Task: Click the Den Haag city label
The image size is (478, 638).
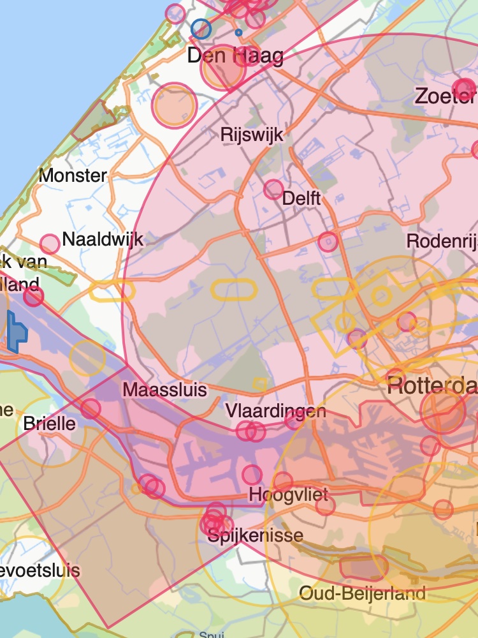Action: coord(235,56)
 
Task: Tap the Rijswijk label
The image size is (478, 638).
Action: coord(252,135)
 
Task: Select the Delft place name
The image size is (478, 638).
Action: coord(301,198)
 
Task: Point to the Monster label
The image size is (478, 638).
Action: coord(73,175)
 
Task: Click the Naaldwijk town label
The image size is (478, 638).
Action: coord(103,241)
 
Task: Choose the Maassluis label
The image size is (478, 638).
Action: coord(165,389)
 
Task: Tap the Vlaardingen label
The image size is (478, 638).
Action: coord(276,411)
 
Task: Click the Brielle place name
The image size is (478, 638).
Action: coord(49,424)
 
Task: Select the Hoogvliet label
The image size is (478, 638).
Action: coord(288,494)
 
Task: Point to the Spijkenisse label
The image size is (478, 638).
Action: coord(256,535)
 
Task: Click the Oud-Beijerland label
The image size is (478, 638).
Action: coord(362,593)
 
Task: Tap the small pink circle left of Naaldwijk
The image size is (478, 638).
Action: coord(50,244)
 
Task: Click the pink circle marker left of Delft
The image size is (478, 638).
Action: coord(273,189)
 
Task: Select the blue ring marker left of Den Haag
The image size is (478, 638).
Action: coord(201,29)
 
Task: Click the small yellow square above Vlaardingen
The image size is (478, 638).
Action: coord(259,383)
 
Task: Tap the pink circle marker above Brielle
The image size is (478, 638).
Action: coord(91,408)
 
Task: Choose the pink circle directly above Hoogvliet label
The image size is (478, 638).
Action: coord(252,475)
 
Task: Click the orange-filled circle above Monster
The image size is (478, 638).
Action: coord(173,105)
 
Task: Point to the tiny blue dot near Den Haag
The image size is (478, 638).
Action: coord(238,32)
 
